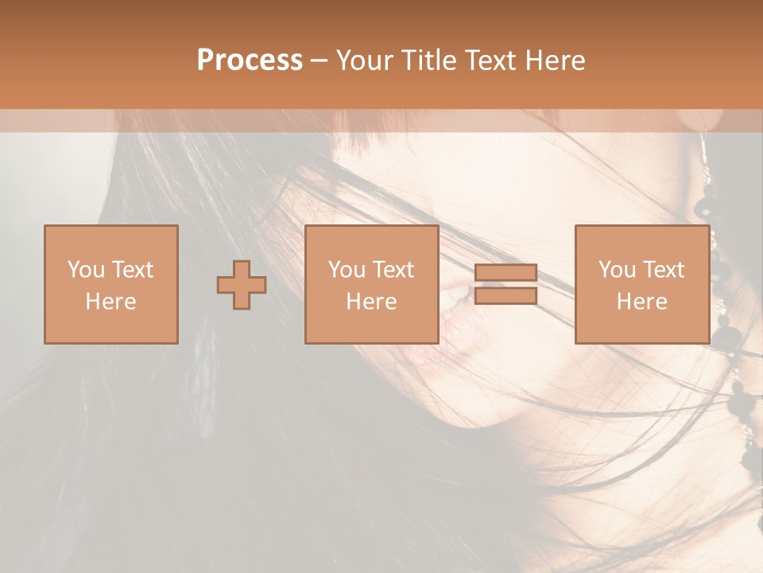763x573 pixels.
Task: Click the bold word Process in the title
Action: point(250,60)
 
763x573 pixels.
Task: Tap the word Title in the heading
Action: point(431,60)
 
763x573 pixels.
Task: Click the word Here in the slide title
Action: point(556,60)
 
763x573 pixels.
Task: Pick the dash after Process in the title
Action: point(319,61)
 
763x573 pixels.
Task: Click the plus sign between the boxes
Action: point(242,285)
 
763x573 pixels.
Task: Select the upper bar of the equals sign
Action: point(505,273)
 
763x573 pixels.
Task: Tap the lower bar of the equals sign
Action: point(505,295)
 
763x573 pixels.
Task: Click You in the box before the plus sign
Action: point(84,270)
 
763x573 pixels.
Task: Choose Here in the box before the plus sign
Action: point(110,302)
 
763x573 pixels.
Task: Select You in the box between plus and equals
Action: point(346,270)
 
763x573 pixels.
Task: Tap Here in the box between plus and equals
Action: point(371,302)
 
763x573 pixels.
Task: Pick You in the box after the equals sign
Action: point(616,270)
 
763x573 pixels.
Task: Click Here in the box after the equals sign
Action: point(641,302)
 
